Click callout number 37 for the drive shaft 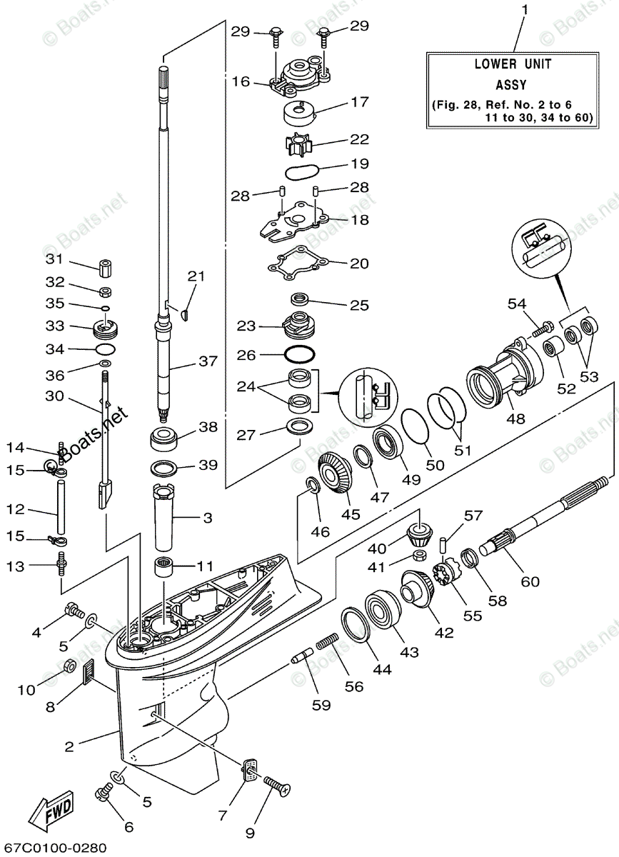point(207,362)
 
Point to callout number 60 point(530,581)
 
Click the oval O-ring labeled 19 point(301,171)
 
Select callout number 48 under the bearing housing point(515,419)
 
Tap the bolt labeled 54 point(543,329)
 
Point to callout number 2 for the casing point(69,747)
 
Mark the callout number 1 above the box point(525,10)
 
